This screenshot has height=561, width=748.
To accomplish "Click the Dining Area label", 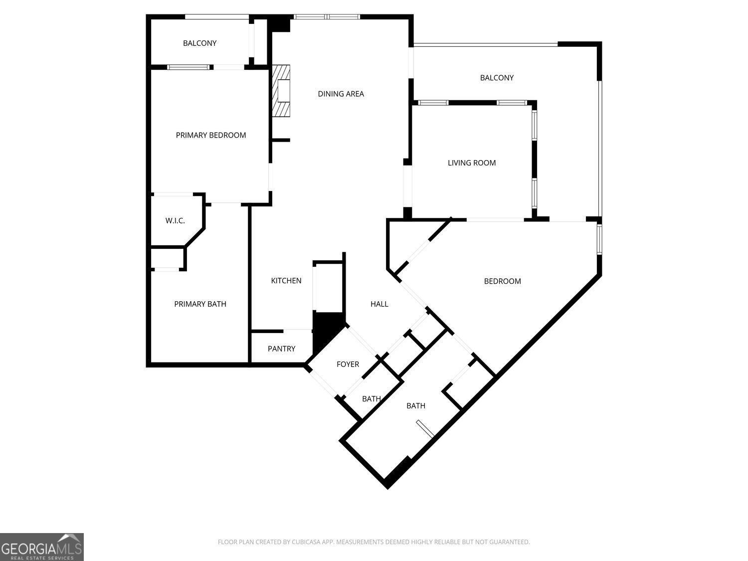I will point(341,94).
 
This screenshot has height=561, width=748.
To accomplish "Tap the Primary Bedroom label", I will point(210,135).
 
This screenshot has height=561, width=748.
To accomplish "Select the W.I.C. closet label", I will point(175,220).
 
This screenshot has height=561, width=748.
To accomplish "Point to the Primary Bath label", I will point(200,304).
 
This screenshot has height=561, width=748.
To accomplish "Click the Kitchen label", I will point(286,281).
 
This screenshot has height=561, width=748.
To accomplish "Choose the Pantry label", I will point(281,349).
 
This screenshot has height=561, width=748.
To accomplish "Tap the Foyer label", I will point(348,364).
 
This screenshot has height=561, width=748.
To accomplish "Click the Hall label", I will point(379,304).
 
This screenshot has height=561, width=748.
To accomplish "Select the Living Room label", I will point(471,163).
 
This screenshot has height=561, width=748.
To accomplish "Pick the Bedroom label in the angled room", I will point(502,281).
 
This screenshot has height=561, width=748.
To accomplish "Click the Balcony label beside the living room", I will point(497,78).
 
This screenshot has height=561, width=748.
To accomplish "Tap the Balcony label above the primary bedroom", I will point(199,43).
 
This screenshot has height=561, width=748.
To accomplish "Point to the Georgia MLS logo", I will point(41,547).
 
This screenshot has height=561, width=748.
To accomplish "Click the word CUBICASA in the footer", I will point(306,542).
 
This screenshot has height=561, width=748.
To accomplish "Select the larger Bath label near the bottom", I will point(415,406).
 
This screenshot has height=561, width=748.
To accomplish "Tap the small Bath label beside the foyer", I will point(372,399).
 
